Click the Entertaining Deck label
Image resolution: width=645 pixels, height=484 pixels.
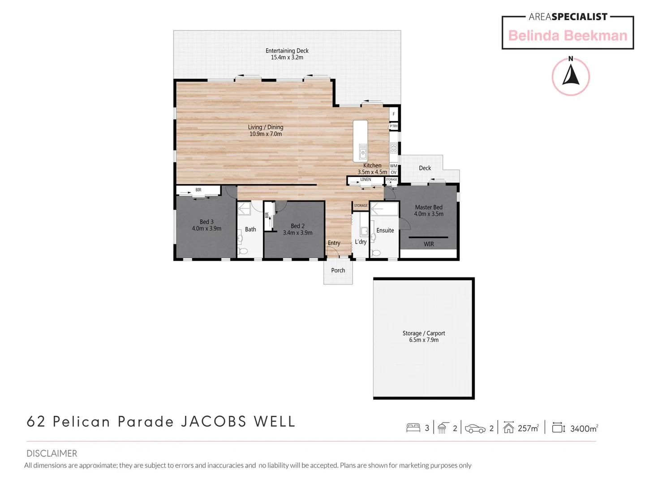(x=287, y=51)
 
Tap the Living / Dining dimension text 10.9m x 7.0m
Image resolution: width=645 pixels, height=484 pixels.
(x=266, y=134)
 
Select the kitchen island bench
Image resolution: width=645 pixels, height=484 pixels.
(x=360, y=140)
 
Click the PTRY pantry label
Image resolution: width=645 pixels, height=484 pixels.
(x=393, y=126)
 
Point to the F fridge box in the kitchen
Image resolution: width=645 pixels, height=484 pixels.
(x=394, y=114)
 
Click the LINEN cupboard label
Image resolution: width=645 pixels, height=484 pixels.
(x=365, y=179)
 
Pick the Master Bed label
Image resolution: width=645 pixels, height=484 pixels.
(x=428, y=207)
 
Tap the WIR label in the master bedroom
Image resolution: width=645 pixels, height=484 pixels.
(x=429, y=244)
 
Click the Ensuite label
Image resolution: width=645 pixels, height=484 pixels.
(x=385, y=230)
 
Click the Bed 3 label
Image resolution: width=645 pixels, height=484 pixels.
(x=206, y=222)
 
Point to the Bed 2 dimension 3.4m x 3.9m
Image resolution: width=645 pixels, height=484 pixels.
(x=297, y=233)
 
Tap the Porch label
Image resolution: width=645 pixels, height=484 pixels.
(x=338, y=270)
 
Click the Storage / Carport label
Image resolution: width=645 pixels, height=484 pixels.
(x=423, y=333)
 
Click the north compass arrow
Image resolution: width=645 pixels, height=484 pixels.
(x=571, y=75)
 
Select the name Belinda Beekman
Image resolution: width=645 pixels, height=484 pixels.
(x=568, y=35)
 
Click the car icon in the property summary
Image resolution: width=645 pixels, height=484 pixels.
(x=475, y=429)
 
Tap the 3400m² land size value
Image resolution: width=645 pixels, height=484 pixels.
(x=584, y=429)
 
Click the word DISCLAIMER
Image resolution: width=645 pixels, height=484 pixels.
(x=52, y=453)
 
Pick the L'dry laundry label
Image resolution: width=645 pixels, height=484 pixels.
(x=361, y=242)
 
